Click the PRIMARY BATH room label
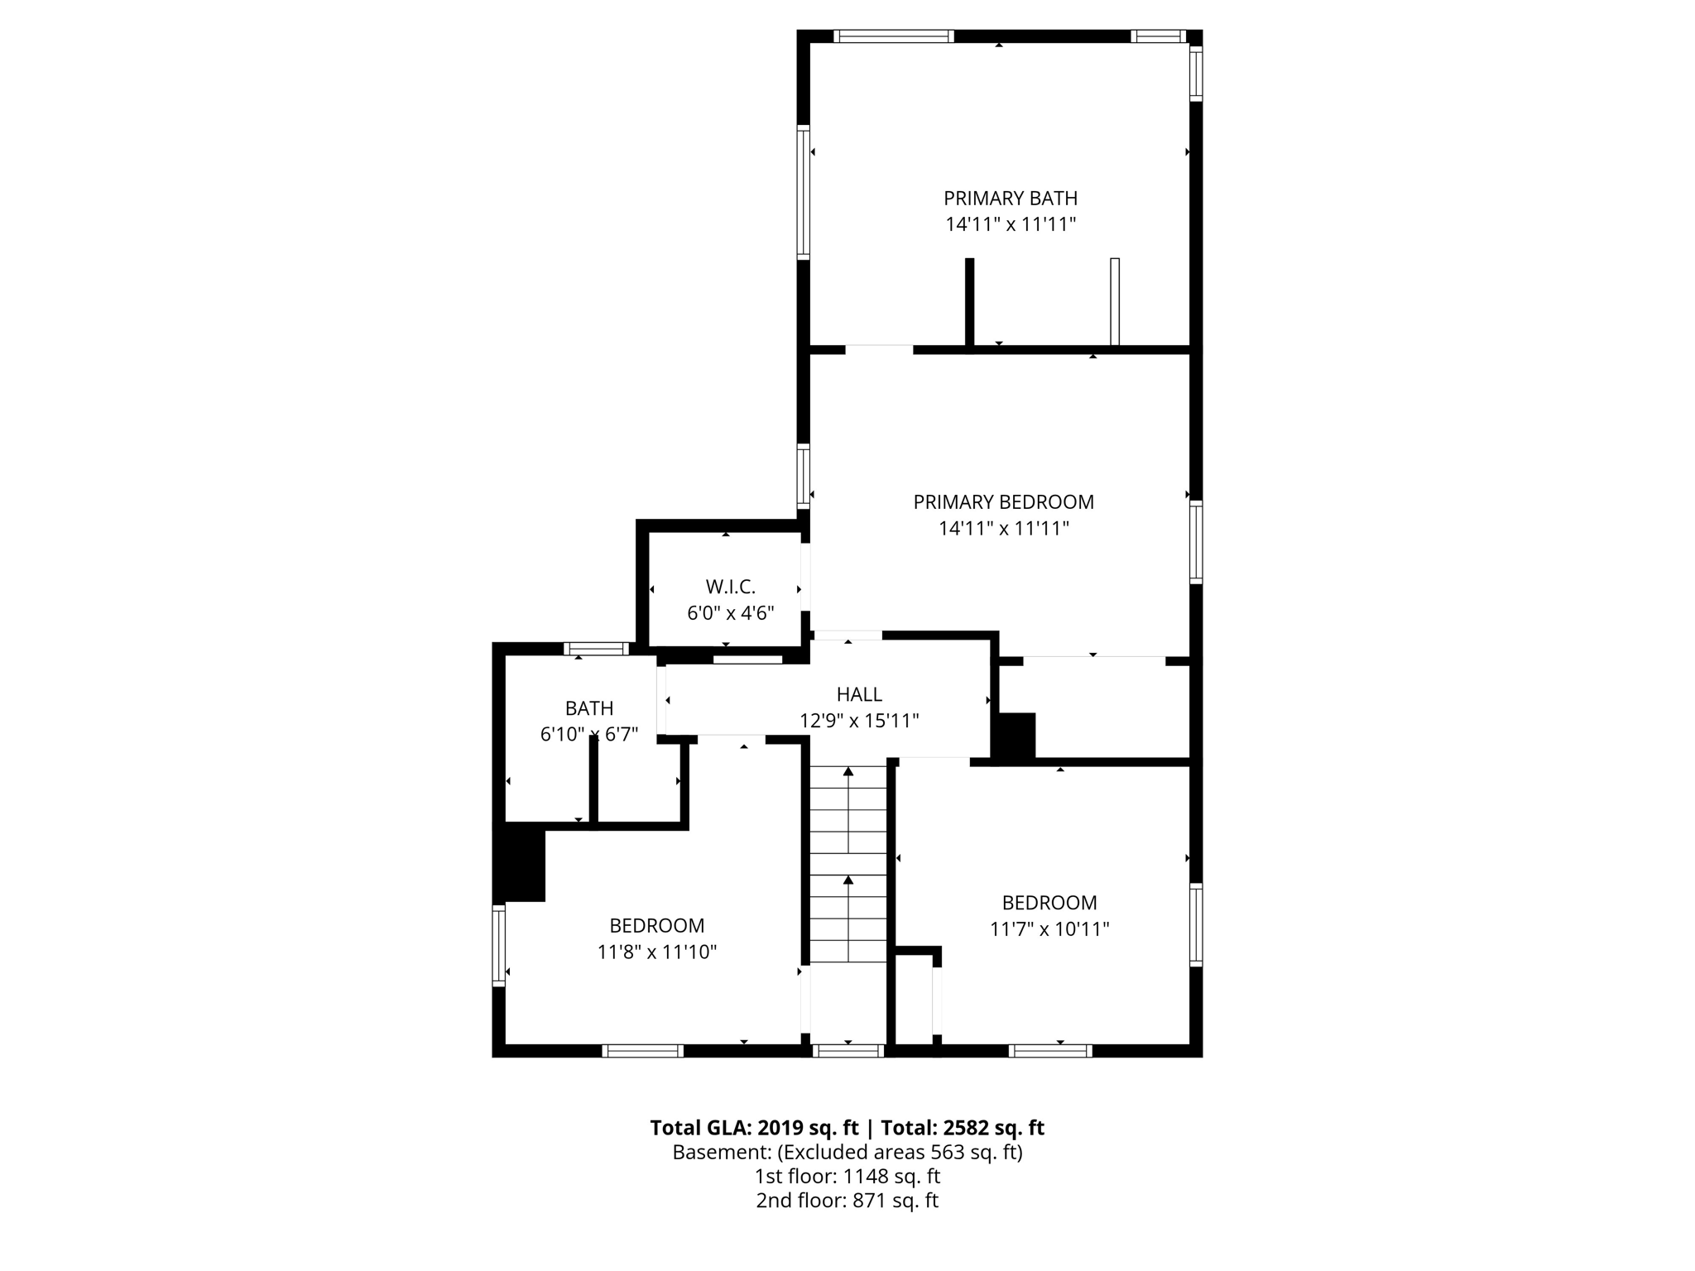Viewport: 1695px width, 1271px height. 1010,199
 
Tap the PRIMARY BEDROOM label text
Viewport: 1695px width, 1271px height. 1003,502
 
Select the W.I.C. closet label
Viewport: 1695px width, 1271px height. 730,587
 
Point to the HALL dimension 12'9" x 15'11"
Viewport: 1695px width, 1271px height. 859,721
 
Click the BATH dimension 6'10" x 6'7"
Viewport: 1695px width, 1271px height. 588,734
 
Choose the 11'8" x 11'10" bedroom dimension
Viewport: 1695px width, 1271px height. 656,952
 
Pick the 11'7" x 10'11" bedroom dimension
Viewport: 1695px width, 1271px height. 1049,928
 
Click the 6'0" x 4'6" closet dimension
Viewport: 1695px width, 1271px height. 730,613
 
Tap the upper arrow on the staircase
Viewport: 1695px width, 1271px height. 847,772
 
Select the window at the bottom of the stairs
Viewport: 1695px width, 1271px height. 847,1051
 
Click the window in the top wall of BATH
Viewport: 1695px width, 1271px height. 596,649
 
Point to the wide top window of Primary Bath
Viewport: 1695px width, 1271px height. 893,36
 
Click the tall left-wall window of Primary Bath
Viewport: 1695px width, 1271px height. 803,192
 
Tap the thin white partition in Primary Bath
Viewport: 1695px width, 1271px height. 1114,301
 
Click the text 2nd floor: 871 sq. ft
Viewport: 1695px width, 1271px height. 847,1200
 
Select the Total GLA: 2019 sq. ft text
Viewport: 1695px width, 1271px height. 754,1128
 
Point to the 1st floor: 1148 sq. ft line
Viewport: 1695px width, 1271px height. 847,1176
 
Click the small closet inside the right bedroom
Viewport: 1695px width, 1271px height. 914,1001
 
